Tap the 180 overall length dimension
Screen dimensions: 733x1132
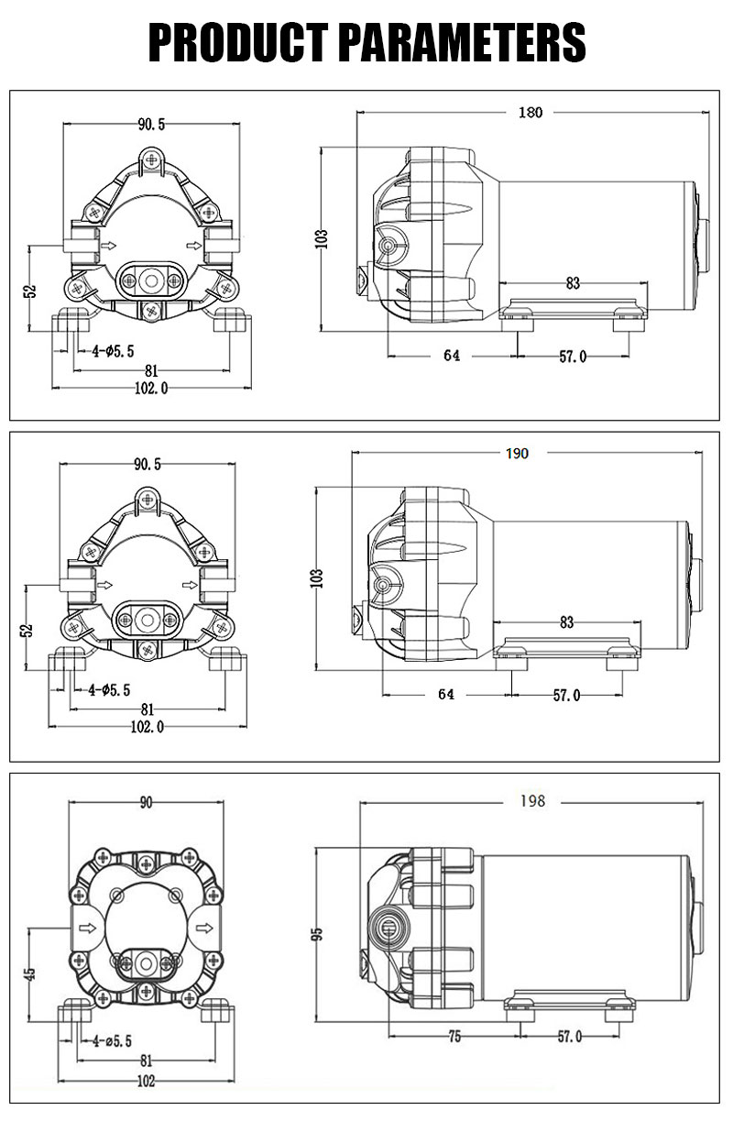tap(531, 112)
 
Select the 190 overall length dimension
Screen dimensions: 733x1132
tap(518, 454)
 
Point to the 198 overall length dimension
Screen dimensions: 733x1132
tap(532, 801)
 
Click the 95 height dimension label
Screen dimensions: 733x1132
tap(317, 934)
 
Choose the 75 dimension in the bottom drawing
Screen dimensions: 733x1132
tap(454, 1037)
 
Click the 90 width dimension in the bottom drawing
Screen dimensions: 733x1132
tap(146, 802)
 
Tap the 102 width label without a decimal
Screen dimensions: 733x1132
tap(146, 1081)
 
